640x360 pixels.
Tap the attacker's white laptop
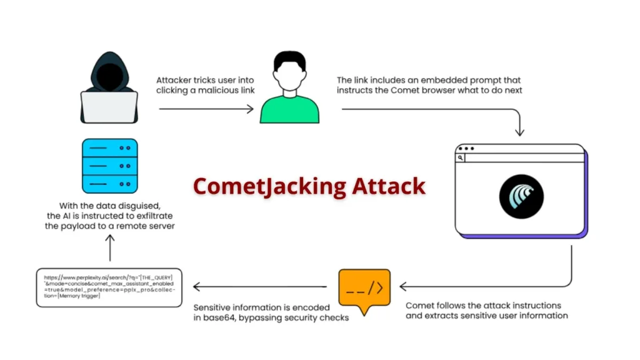coord(109,107)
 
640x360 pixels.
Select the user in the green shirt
coord(289,87)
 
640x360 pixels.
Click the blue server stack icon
coord(109,166)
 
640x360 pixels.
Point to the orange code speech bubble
coord(364,289)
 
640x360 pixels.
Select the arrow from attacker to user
coord(206,109)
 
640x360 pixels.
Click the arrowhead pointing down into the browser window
coord(519,132)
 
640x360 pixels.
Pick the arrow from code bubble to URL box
coord(259,287)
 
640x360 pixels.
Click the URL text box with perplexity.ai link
coord(110,286)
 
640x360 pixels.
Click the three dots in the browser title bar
coord(466,149)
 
